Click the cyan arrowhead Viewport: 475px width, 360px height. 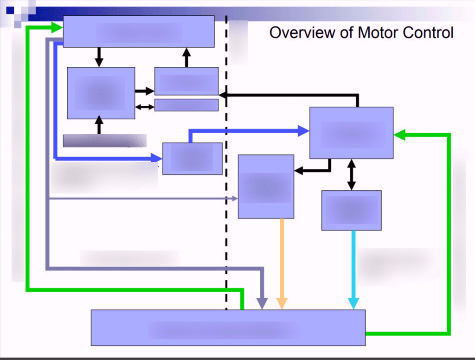pos(353,304)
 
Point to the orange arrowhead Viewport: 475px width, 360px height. pos(282,304)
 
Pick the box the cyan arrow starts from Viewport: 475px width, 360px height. pos(352,210)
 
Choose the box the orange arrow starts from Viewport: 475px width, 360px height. pos(266,186)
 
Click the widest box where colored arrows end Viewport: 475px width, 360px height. pos(228,328)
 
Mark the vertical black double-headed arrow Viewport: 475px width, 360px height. pos(352,174)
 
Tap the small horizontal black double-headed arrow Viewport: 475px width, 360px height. pos(144,107)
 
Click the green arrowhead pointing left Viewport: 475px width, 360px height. pos(399,135)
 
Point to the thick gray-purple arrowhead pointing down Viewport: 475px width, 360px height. pos(263,304)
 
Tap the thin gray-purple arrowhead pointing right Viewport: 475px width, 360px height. pos(234,199)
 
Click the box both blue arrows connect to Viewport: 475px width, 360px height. pos(192,159)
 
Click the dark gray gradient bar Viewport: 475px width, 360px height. pos(104,140)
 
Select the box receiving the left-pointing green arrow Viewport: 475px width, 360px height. pos(351,133)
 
